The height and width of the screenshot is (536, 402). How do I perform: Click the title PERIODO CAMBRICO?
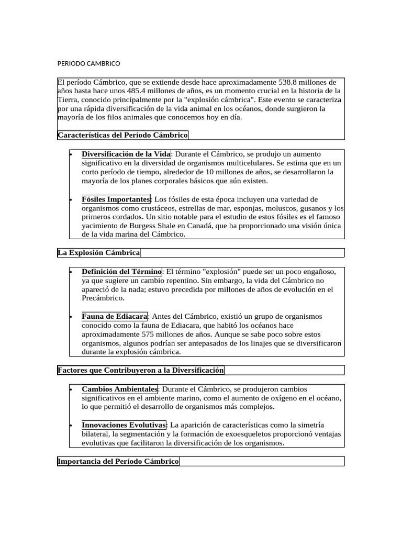88,64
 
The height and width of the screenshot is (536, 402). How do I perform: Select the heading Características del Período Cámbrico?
122,135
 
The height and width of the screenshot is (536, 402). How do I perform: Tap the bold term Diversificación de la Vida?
126,154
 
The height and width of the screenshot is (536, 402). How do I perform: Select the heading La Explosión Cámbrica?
99,253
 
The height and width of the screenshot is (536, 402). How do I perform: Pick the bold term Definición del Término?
122,272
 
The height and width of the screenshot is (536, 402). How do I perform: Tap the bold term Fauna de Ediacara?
115,316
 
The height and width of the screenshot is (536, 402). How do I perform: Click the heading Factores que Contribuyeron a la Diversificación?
141,371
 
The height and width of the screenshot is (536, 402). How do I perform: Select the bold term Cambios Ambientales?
119,389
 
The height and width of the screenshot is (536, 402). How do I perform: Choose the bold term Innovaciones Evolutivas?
124,425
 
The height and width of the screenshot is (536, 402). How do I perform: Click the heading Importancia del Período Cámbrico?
118,462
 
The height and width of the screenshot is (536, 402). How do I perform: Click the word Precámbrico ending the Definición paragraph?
103,298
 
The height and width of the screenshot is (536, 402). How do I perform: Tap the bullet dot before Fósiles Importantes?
71,200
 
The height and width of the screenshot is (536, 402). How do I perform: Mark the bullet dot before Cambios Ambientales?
71,389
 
